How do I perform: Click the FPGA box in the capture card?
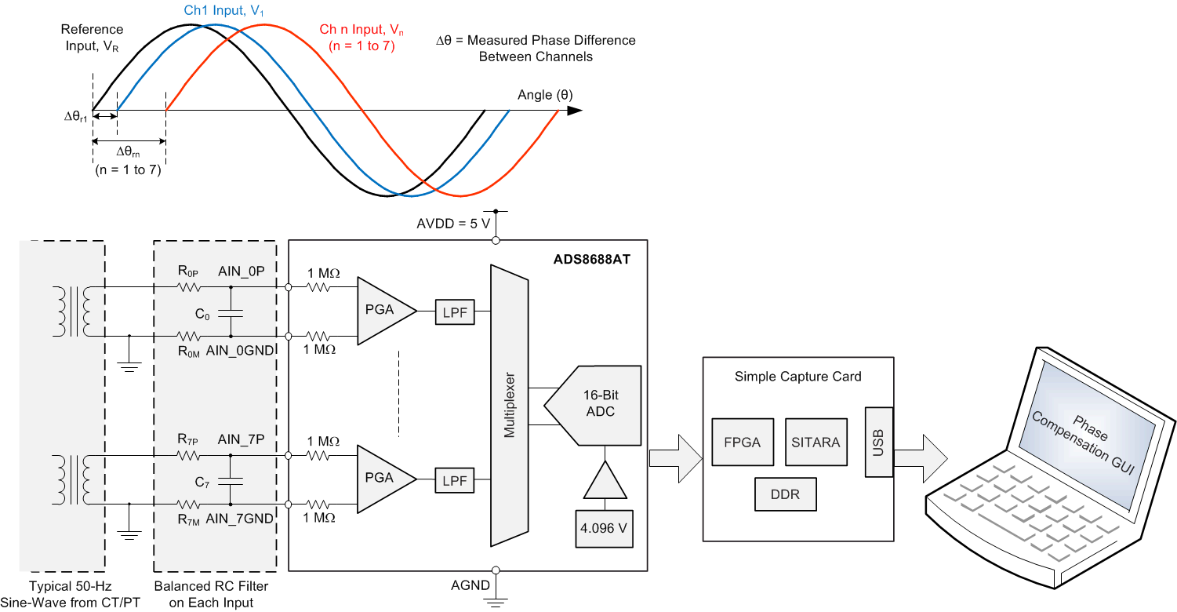742,442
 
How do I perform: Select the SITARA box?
816,442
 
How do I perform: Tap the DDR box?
786,495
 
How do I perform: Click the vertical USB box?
878,442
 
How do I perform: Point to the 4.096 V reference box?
604,528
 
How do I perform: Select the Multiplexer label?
510,405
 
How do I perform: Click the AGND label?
470,585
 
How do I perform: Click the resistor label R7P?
187,439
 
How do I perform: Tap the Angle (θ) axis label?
545,95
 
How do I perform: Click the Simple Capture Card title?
797,377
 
